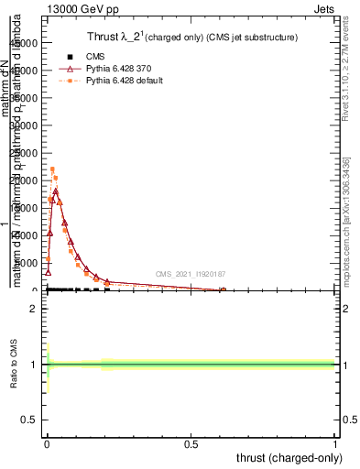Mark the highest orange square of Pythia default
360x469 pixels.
point(52,169)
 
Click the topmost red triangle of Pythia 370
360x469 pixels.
point(55,191)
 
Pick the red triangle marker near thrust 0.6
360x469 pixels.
point(223,289)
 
